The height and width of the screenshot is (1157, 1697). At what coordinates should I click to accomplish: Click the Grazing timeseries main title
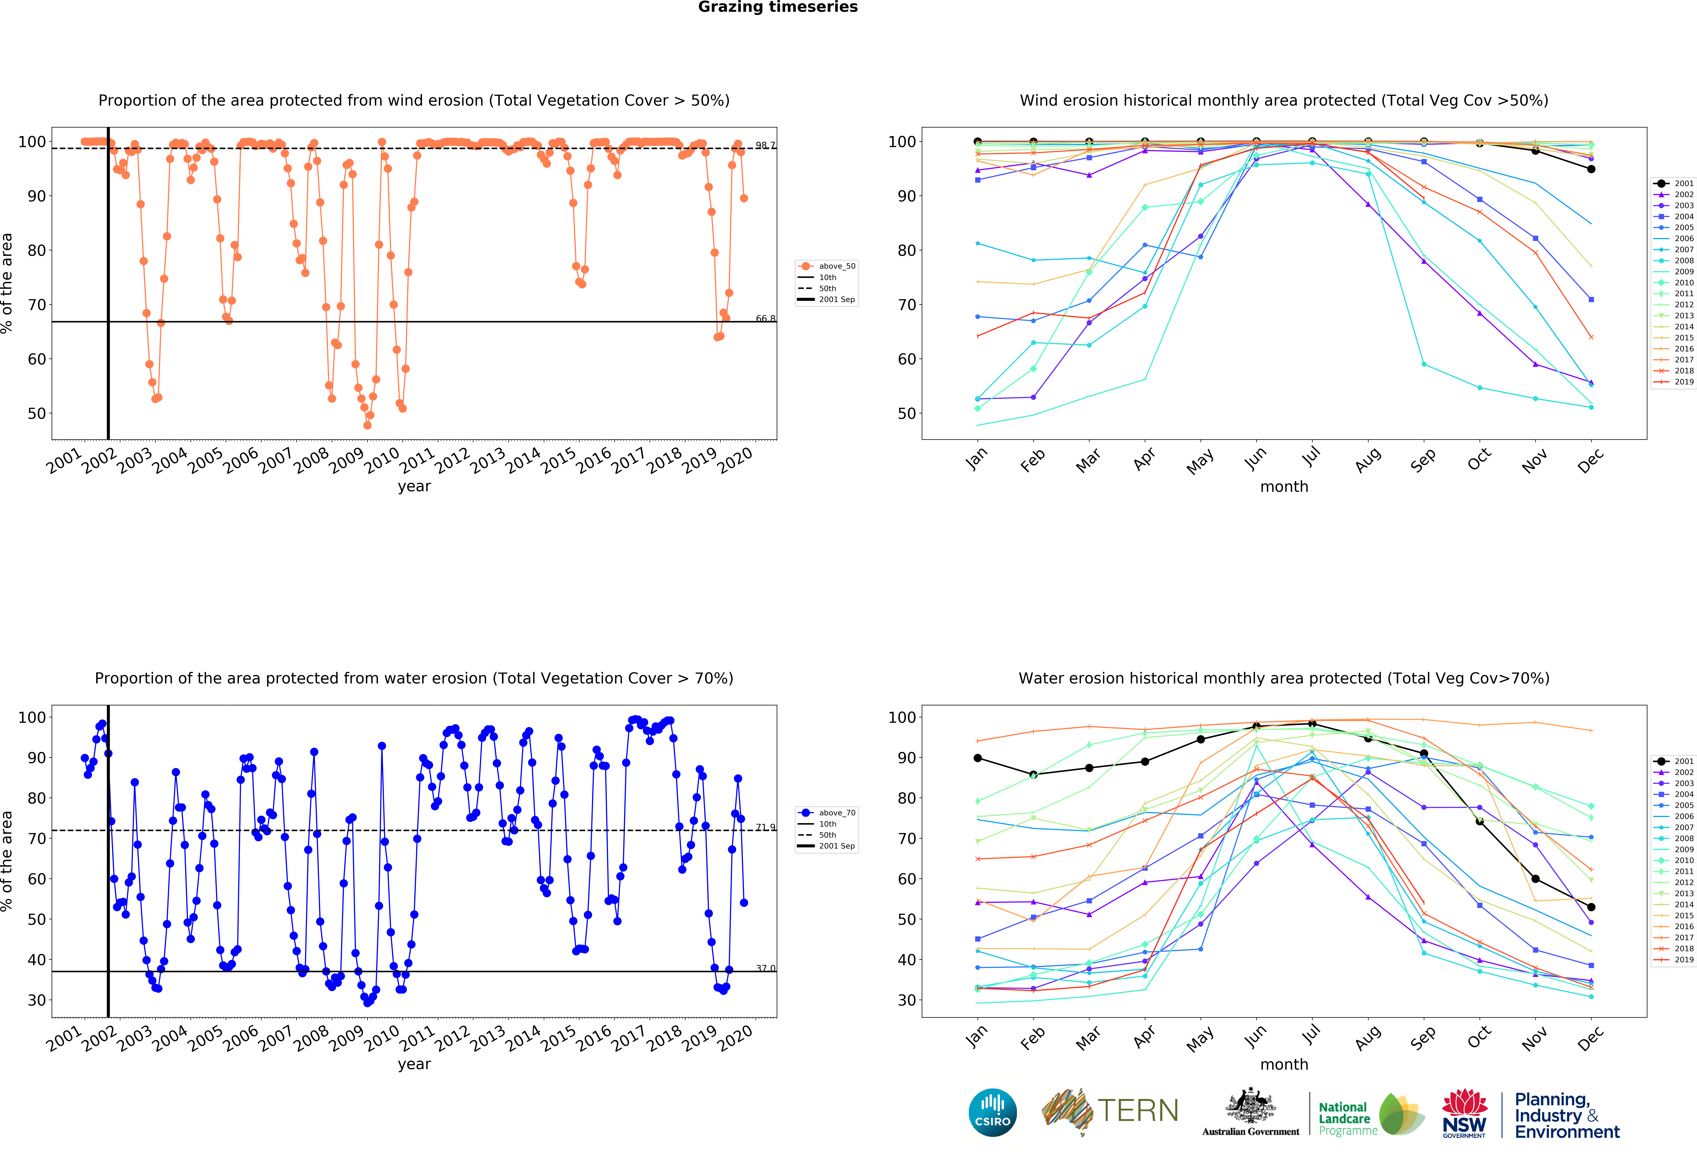click(x=778, y=7)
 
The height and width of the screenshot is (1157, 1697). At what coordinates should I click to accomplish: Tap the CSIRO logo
click(x=992, y=1112)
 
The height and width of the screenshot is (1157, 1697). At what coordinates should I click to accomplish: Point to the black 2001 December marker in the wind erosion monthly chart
click(x=1591, y=169)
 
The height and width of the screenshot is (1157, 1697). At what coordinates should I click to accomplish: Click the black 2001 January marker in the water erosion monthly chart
click(x=978, y=758)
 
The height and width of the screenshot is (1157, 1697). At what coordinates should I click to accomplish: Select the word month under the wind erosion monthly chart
click(x=1284, y=486)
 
